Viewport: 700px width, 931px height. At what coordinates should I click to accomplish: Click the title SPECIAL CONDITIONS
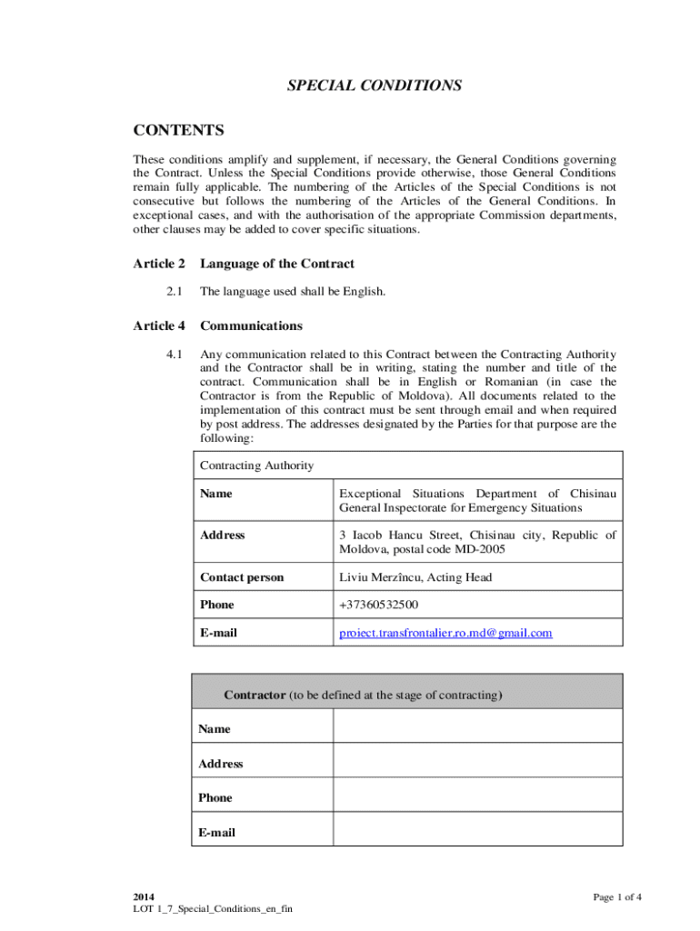coord(375,85)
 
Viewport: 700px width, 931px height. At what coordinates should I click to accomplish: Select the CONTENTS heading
coord(178,131)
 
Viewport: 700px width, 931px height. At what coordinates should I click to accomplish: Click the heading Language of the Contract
coord(277,264)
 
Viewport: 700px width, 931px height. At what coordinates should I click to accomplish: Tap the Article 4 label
coord(159,325)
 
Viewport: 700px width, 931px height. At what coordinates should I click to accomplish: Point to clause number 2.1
coord(175,292)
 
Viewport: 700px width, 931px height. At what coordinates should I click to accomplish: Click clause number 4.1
coord(175,354)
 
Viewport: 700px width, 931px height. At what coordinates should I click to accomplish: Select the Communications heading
coord(251,325)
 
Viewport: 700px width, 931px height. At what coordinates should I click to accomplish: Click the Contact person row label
coord(242,577)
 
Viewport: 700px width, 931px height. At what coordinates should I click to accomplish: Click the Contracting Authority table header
coord(256,465)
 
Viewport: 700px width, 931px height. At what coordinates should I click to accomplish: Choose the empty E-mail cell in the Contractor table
coord(477,830)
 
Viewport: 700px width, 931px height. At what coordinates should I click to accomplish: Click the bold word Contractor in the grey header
coord(255,696)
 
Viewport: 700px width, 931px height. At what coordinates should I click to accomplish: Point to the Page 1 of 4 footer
coord(617,897)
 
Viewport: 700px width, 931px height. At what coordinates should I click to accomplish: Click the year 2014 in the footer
coord(144,897)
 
